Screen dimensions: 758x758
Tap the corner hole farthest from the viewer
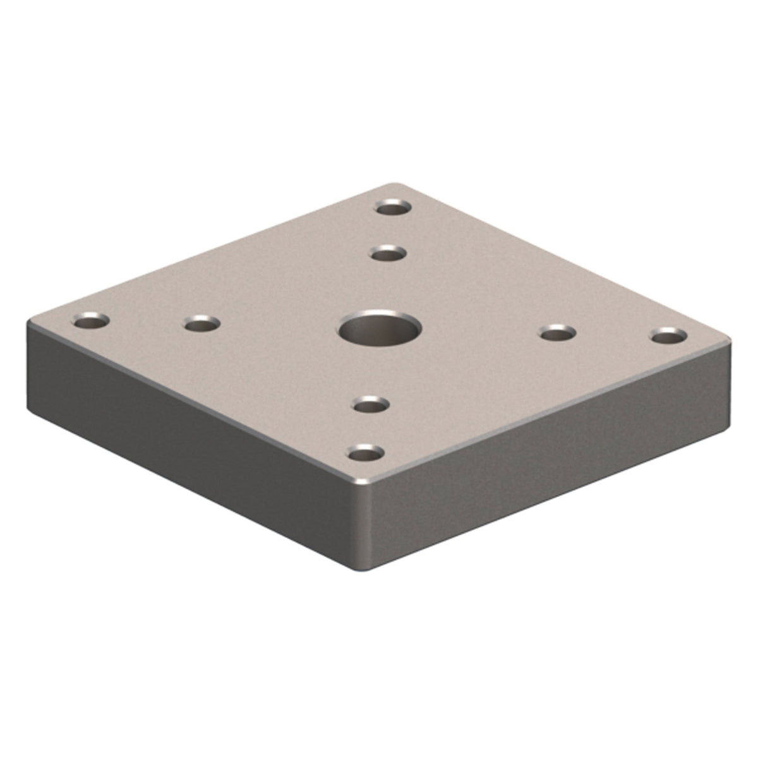pos(392,207)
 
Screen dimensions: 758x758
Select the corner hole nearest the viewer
pos(366,453)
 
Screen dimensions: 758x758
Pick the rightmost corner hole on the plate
pos(669,335)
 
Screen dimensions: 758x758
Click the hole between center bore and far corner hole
pos(387,254)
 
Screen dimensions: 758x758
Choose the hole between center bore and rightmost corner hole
pos(558,332)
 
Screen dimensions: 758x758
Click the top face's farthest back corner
pos(397,185)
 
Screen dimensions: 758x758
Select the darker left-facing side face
pos(189,442)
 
